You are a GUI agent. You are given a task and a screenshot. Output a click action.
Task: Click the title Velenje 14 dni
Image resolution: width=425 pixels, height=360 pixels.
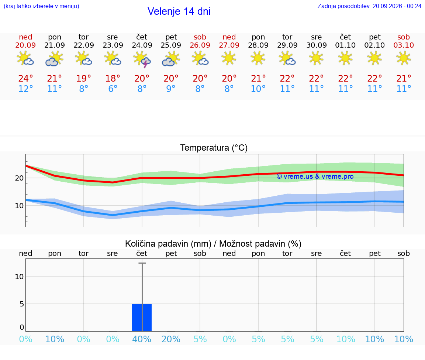point(179,11)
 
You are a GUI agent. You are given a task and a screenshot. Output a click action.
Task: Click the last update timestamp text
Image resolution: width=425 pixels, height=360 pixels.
point(369,6)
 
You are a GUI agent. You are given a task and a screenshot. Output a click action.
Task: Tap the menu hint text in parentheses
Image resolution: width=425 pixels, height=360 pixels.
point(41,6)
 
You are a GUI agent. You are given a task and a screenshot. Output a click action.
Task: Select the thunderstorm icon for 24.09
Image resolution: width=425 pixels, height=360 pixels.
point(142,59)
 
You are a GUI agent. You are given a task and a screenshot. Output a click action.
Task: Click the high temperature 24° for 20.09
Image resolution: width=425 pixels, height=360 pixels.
point(25,78)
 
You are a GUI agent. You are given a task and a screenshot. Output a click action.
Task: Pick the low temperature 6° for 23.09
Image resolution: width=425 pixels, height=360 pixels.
point(113,89)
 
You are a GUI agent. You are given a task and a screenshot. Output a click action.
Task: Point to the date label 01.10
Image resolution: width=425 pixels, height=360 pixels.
point(345,45)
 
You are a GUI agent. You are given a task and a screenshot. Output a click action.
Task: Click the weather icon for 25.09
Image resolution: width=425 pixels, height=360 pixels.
point(171,59)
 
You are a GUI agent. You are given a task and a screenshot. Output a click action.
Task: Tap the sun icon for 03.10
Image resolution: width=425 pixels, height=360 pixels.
point(404,58)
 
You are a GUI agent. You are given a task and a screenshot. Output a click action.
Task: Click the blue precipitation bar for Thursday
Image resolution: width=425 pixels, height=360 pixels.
point(142,318)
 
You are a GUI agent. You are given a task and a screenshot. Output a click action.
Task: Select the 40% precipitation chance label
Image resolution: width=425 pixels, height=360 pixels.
point(142,339)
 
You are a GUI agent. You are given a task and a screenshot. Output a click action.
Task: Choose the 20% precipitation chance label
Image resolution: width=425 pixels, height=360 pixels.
point(171,339)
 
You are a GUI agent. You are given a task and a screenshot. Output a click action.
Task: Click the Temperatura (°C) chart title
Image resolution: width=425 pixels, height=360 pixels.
point(214,148)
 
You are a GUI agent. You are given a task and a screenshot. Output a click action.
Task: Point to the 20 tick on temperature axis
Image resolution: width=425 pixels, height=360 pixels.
point(19,178)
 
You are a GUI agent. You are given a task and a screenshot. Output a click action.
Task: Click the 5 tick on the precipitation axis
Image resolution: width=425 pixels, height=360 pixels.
point(22,304)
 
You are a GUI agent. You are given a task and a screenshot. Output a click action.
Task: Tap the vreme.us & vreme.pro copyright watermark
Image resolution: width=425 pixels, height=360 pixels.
point(315,176)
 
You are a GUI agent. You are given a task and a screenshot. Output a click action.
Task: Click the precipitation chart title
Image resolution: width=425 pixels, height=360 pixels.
point(213,244)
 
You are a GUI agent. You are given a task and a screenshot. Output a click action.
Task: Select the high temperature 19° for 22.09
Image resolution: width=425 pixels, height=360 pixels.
point(83,78)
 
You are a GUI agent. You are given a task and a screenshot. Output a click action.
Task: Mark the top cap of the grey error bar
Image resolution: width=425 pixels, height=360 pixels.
point(142,263)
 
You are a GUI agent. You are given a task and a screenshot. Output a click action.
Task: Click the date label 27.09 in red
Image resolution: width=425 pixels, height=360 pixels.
point(229,45)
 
